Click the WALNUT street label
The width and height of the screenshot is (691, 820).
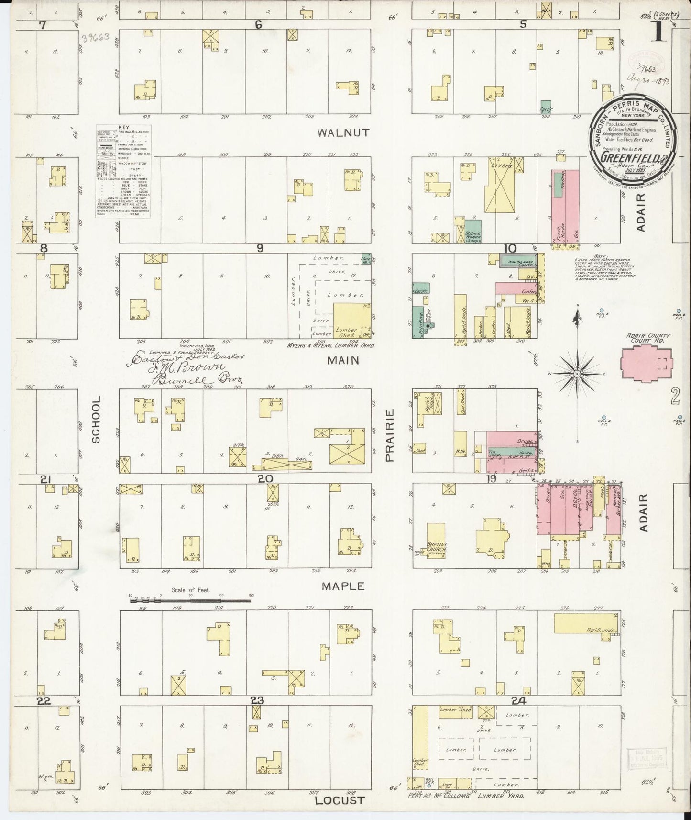point(343,133)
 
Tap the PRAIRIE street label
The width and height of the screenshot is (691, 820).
point(390,435)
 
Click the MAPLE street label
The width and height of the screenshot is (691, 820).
point(342,586)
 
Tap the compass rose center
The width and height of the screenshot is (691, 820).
point(577,373)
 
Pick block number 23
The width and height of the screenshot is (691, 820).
point(257,700)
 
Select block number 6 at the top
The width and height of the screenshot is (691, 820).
point(259,25)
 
